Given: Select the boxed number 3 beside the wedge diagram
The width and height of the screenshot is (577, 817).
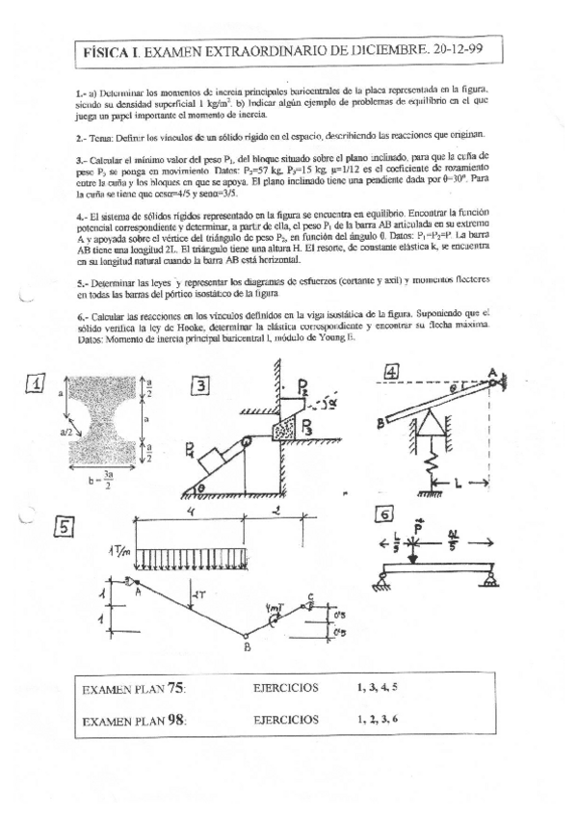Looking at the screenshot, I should tap(200, 385).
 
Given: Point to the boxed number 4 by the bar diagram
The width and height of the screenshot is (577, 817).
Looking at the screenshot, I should tap(393, 372).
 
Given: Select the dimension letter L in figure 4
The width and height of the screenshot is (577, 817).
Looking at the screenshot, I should tap(460, 482).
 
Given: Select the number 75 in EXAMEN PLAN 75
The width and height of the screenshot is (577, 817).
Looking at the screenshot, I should tap(175, 687).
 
